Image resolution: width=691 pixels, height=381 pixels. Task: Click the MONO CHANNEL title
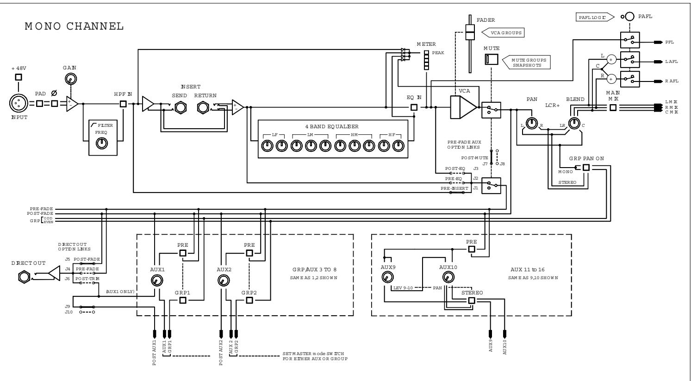click(x=74, y=26)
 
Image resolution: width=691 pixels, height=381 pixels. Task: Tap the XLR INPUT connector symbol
click(x=18, y=103)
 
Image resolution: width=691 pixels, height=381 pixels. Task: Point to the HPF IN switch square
click(x=123, y=103)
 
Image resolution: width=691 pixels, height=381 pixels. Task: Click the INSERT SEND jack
click(x=180, y=107)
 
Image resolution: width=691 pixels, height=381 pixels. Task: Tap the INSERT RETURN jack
click(x=204, y=107)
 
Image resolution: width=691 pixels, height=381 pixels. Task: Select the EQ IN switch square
click(x=414, y=107)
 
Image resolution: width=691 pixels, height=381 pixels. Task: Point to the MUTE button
click(x=491, y=59)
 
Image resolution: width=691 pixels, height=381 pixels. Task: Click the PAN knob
click(x=532, y=123)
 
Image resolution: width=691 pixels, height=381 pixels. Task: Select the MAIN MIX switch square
click(x=613, y=107)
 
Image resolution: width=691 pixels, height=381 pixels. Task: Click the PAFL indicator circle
click(x=629, y=17)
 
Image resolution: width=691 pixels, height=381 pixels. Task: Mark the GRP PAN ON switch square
click(x=586, y=168)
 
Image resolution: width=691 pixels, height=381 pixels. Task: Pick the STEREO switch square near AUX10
click(x=471, y=300)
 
